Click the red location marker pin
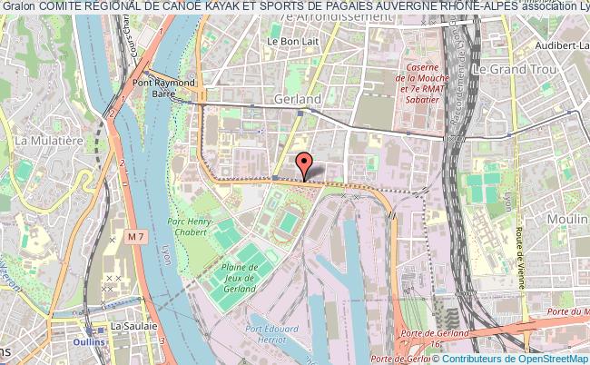tap(306, 163)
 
